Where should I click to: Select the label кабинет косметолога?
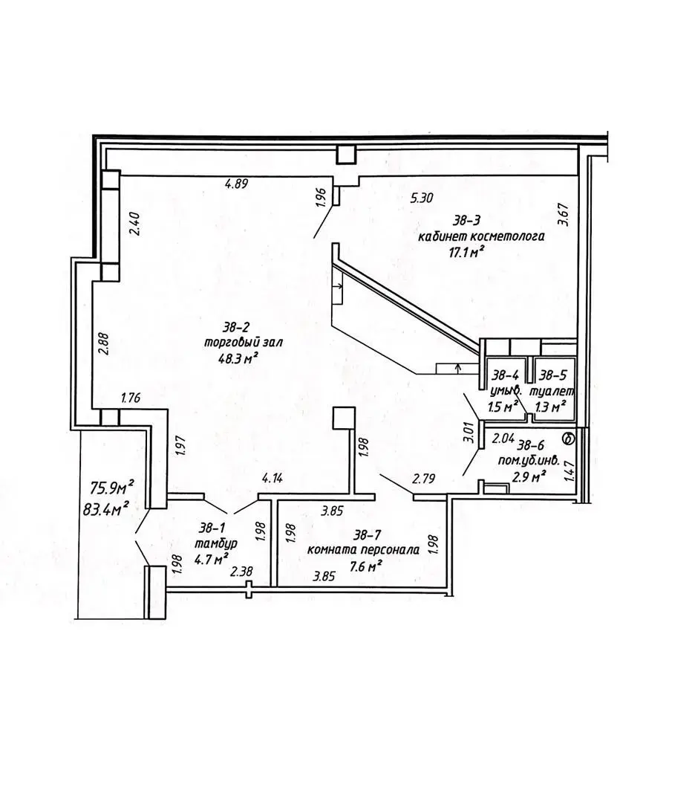[481, 237]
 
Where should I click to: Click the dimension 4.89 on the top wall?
[236, 184]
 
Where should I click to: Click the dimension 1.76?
[130, 397]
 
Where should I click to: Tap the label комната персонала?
[363, 550]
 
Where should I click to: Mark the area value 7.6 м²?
[367, 565]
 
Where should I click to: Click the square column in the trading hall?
[345, 418]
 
